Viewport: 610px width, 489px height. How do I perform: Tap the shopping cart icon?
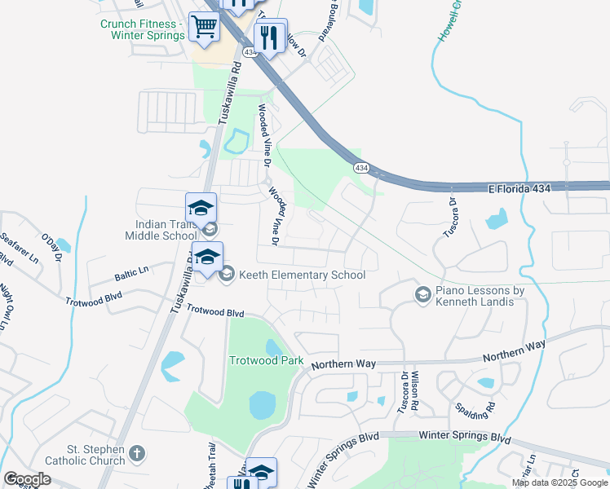(x=203, y=27)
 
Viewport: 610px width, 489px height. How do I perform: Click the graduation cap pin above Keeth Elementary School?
(x=207, y=257)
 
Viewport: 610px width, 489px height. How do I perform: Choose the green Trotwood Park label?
(x=266, y=360)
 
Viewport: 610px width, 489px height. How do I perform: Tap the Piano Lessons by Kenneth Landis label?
(x=479, y=296)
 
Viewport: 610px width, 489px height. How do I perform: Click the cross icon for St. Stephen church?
(x=138, y=452)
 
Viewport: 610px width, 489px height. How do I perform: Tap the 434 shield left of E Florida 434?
(x=360, y=168)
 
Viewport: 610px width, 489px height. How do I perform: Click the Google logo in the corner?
(x=27, y=479)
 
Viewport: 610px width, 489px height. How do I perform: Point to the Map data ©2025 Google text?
(x=559, y=482)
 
